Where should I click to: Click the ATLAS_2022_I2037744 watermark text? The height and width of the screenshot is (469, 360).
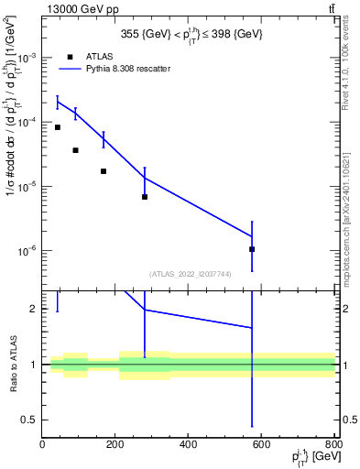pyautogui.click(x=191, y=273)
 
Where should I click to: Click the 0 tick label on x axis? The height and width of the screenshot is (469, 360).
pyautogui.click(x=42, y=445)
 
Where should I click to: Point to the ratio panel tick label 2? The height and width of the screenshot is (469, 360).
pyautogui.click(x=33, y=309)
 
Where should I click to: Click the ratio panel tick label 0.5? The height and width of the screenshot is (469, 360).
pyautogui.click(x=28, y=420)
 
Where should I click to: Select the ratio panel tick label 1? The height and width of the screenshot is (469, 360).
pyautogui.click(x=33, y=365)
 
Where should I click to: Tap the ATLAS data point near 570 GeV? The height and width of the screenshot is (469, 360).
pyautogui.click(x=251, y=249)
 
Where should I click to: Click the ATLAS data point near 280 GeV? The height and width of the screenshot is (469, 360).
pyautogui.click(x=145, y=196)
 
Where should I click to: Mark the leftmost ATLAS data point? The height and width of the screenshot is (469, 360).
pyautogui.click(x=57, y=127)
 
